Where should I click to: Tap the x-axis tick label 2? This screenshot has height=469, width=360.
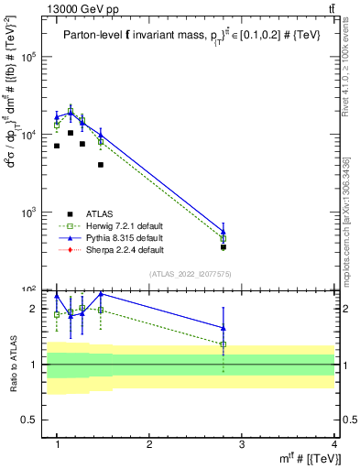coord(149,445)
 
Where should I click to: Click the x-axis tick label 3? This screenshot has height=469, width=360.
coord(241,445)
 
